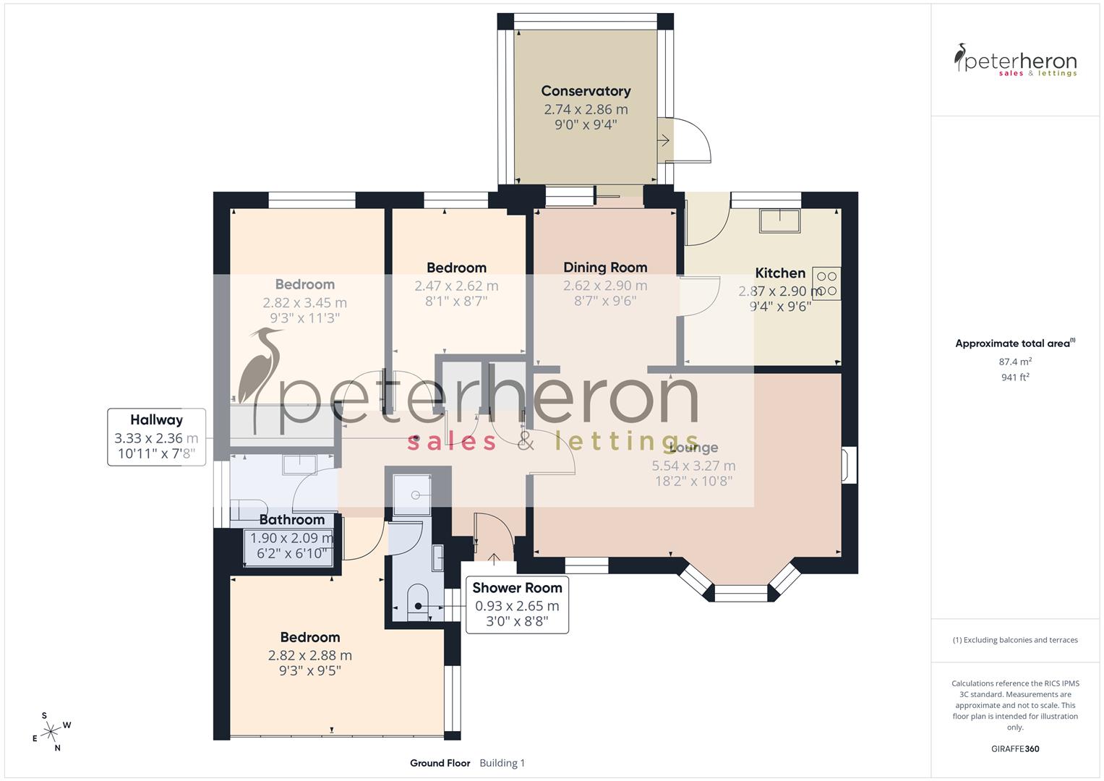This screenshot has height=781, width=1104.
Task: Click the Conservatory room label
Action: (586, 91)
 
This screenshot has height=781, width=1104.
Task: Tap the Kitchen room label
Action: (780, 273)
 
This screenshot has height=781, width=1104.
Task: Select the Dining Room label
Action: (605, 267)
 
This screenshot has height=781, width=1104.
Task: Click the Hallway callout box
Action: (157, 437)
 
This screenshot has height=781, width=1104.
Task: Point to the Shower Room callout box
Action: (517, 605)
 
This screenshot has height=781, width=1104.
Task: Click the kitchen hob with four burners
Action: (826, 283)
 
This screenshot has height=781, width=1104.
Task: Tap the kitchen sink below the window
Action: (779, 221)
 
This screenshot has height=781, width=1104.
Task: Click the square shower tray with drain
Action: (412, 494)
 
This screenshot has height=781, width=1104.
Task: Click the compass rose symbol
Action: (51, 732)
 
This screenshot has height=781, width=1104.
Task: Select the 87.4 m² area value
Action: (1015, 362)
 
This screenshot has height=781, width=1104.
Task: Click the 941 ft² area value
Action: (1015, 377)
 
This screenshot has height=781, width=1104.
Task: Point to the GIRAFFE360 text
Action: (1015, 748)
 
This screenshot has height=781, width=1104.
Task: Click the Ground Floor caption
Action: (440, 763)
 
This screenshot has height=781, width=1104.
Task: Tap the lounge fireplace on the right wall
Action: (850, 465)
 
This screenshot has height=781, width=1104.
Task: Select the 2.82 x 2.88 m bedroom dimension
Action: (309, 655)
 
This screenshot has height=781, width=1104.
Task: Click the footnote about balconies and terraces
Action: (1015, 640)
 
